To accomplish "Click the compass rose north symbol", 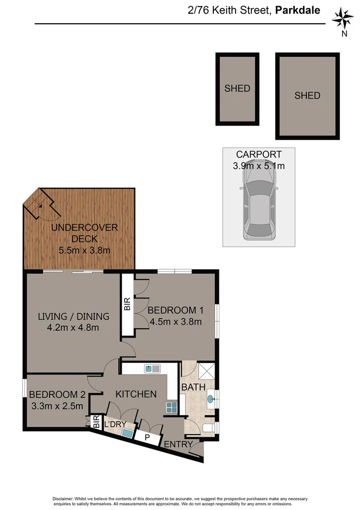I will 343,19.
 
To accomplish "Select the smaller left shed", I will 237,89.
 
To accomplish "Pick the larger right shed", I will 307,96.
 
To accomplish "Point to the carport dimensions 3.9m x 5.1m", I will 259,166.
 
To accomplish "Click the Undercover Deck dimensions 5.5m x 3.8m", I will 84,250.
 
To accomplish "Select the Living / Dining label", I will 73,316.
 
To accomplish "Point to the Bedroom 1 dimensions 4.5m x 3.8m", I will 176,322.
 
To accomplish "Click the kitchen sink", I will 153,368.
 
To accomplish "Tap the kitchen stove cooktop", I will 171,407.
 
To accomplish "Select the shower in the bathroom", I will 206,371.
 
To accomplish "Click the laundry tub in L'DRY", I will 127,433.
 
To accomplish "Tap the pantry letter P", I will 147,437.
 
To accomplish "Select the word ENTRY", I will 178,444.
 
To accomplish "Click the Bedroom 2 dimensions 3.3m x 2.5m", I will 56,406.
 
